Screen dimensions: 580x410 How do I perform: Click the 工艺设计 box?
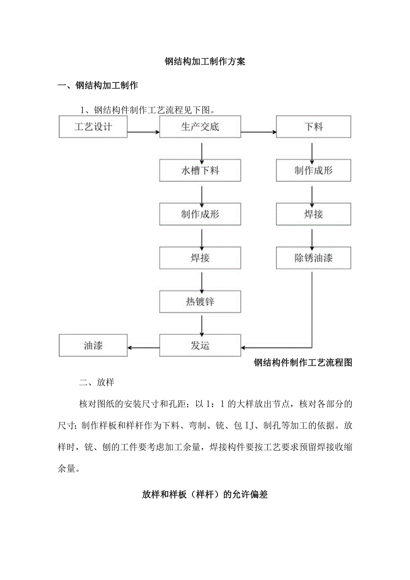coord(93,127)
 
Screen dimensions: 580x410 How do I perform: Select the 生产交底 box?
coord(200,127)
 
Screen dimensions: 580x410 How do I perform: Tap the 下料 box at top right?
coord(313,127)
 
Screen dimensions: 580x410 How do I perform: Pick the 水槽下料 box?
coord(200,171)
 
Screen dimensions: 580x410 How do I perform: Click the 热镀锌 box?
coord(200,302)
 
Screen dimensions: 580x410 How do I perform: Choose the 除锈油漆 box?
coord(313,258)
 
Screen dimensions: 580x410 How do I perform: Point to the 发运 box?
coord(200,346)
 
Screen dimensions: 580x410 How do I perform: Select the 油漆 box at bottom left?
coord(93,346)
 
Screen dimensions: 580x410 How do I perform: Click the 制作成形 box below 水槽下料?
coord(200,214)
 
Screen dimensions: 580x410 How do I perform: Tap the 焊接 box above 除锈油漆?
coord(313,214)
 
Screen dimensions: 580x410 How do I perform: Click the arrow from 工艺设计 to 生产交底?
coord(143,132)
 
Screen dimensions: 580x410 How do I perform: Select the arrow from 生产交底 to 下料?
coord(258,132)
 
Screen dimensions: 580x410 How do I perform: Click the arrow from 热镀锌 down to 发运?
coord(202,325)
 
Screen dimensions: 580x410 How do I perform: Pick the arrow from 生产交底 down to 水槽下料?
coord(202,152)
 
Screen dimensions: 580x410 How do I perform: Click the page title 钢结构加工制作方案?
coord(205,62)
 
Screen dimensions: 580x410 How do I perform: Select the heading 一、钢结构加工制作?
coord(98,86)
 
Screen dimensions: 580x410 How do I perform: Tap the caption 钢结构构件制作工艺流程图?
coord(303,362)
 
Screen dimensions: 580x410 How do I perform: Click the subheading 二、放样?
coord(97,383)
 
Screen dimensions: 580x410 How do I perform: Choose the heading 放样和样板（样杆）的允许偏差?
coord(205,494)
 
